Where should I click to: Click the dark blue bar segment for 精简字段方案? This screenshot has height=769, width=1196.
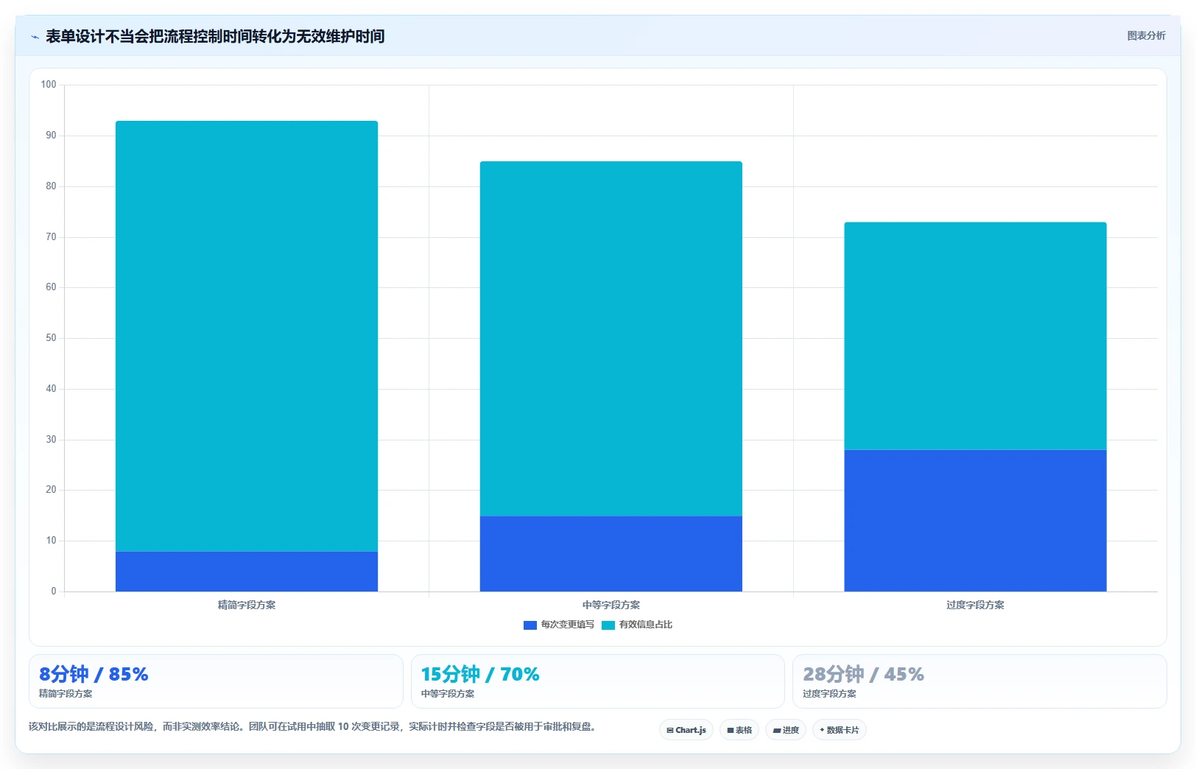click(247, 572)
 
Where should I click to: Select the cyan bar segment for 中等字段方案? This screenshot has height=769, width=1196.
click(611, 339)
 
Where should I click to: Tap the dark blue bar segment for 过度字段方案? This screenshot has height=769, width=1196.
click(975, 521)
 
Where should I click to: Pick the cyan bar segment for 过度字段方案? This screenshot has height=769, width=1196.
click(975, 336)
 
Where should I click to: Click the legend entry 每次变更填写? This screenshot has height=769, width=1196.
click(558, 625)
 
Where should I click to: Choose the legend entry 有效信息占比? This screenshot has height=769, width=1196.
click(637, 625)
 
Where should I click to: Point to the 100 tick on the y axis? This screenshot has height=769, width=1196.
click(49, 85)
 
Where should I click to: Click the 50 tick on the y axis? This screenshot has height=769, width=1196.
click(51, 338)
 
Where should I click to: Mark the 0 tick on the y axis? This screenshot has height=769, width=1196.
click(53, 591)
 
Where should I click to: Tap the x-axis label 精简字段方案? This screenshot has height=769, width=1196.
click(247, 605)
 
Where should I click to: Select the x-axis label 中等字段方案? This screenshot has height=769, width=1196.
click(611, 605)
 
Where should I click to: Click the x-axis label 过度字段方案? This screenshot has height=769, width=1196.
click(975, 605)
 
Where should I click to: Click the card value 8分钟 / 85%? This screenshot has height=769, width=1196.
click(94, 674)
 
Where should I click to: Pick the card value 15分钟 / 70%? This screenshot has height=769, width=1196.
click(480, 674)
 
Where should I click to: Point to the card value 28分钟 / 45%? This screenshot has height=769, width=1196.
click(863, 674)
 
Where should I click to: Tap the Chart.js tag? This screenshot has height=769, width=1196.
click(686, 730)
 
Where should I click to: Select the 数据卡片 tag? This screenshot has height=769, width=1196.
click(839, 730)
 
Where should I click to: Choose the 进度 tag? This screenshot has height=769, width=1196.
click(785, 730)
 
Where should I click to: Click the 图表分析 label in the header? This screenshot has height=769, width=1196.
click(1147, 36)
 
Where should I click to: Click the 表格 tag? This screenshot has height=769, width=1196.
click(739, 730)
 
